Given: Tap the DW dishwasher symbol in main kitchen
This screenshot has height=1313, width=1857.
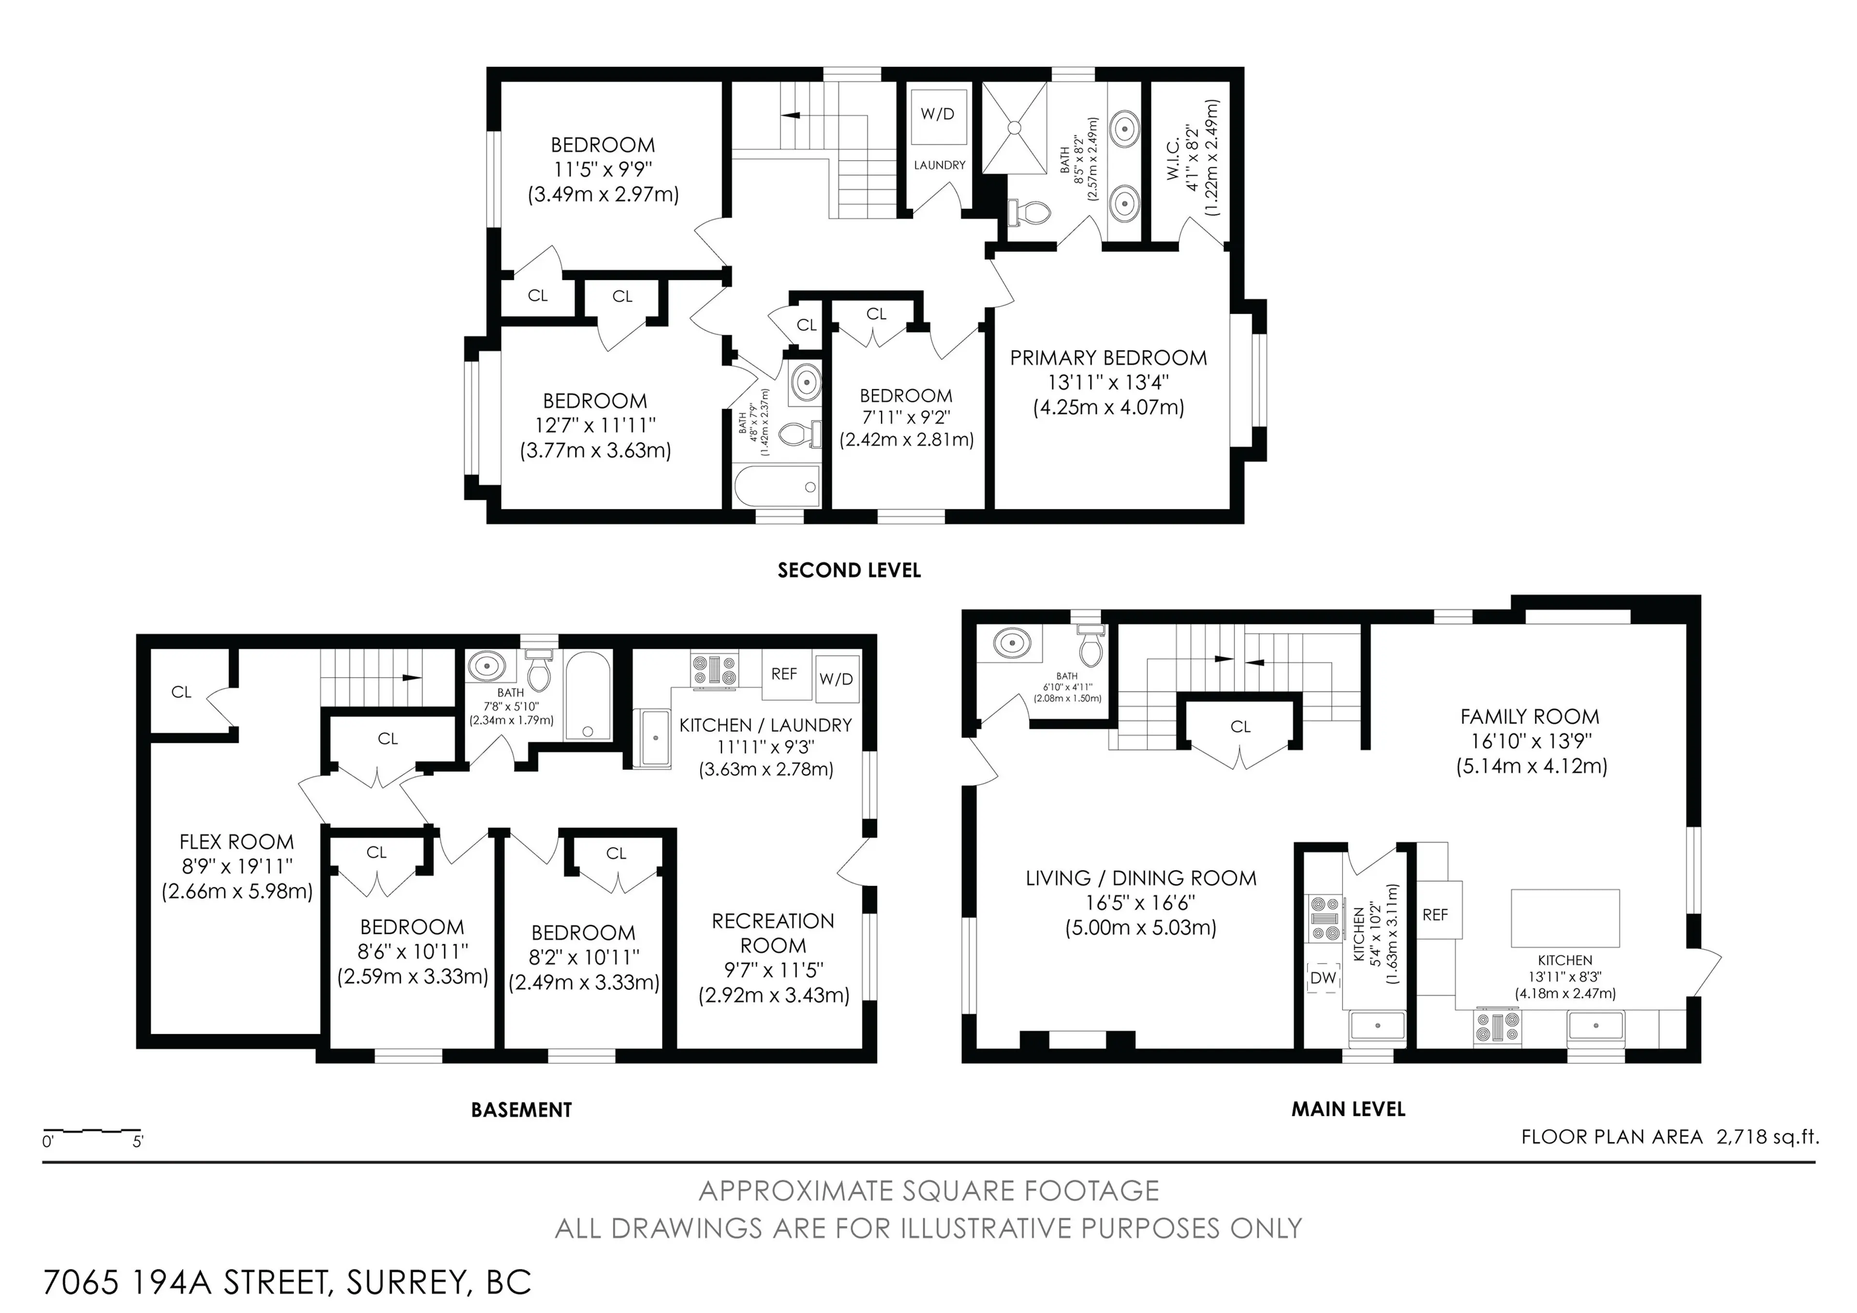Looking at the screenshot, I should tap(1323, 978).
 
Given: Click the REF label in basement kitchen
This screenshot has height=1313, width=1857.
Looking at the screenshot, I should tap(784, 674).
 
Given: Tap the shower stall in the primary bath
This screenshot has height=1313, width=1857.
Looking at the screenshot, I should tap(1014, 127).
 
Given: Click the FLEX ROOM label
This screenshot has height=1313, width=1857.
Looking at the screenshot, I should tap(236, 841).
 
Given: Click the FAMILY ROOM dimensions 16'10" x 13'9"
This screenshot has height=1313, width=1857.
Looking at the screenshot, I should tap(1530, 741).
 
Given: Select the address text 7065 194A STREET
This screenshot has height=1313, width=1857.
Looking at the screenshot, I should tap(186, 1282).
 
